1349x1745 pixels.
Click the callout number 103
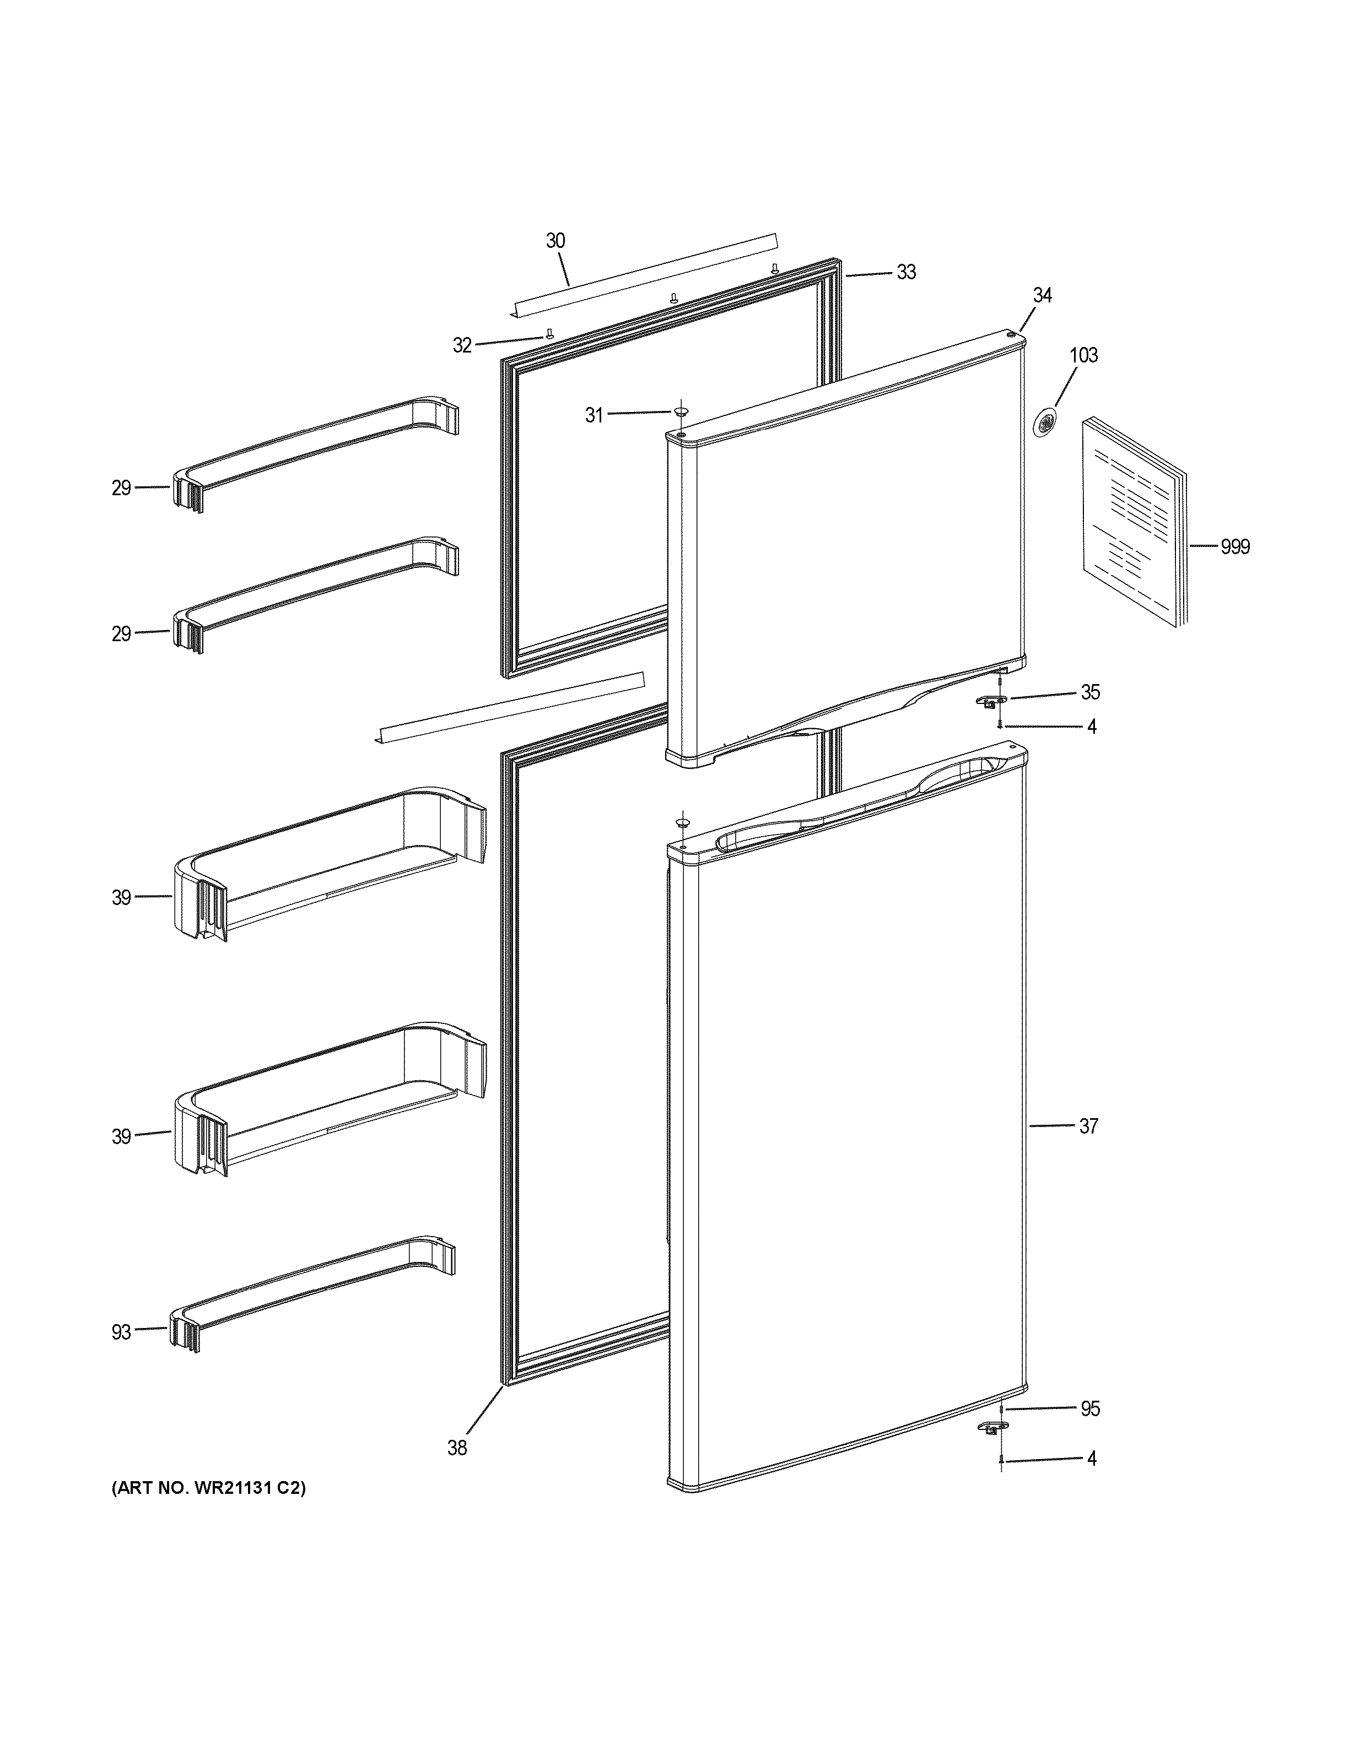point(1084,355)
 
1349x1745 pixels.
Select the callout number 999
point(1235,548)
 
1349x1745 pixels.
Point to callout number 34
point(1042,296)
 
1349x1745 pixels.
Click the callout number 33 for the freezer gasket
point(905,273)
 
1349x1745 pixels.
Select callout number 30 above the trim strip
point(555,241)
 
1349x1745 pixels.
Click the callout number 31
point(594,415)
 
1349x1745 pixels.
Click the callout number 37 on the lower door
point(1088,1126)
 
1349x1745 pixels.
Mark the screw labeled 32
point(549,334)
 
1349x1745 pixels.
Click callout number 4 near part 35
point(1092,727)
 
